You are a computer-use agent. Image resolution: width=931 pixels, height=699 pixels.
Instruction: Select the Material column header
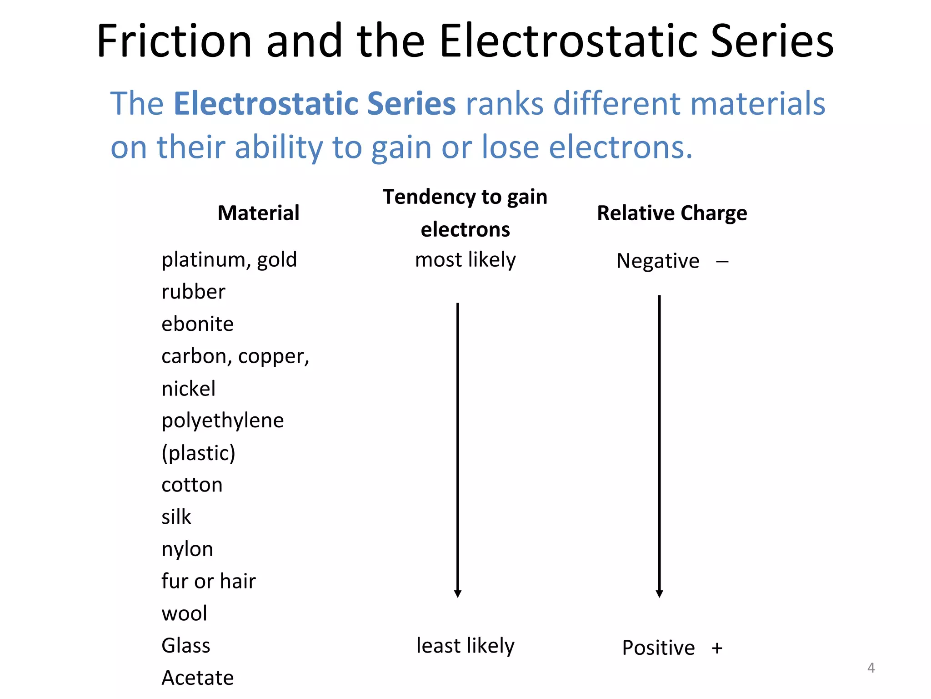point(258,213)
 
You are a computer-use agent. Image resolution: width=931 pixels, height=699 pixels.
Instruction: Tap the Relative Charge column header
point(671,213)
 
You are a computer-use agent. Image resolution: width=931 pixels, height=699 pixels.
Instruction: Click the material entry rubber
point(193,292)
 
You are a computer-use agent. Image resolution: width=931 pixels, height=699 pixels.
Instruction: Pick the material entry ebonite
point(197,324)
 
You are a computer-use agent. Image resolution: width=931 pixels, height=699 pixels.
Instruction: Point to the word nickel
point(188,389)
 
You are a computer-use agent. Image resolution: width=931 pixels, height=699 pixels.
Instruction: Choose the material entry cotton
point(192,485)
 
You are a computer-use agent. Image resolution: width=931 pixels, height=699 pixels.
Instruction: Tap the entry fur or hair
point(208,582)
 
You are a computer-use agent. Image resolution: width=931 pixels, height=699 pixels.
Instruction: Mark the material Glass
point(185,646)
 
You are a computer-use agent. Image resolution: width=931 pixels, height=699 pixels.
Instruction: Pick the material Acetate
point(197,678)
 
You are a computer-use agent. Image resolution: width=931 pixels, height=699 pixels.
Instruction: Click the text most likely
point(465,260)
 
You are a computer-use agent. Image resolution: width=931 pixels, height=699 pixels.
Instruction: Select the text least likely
point(465,646)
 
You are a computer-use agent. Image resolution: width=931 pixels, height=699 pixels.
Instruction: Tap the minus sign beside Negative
point(722,262)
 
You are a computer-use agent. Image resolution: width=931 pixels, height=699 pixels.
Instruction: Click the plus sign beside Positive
point(717,648)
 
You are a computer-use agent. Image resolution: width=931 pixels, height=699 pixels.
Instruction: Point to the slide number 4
point(871,668)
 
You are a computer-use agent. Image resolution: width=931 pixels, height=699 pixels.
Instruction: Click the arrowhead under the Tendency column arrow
point(458,593)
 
